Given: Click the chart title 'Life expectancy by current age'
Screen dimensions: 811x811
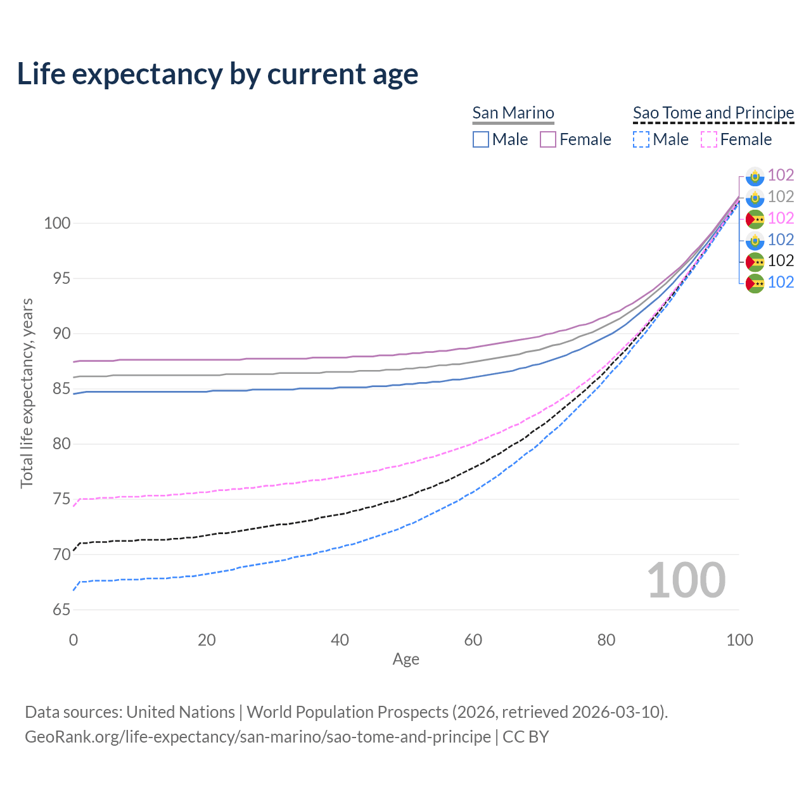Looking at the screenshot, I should tap(217, 74).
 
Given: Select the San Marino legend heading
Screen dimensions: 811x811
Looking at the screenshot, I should tap(513, 113).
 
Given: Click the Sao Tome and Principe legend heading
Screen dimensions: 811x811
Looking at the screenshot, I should tap(713, 113).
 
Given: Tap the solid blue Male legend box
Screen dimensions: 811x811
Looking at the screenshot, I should tap(481, 139).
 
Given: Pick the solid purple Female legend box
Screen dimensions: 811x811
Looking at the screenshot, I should tap(548, 139).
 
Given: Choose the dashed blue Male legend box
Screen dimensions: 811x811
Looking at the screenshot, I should tap(641, 139).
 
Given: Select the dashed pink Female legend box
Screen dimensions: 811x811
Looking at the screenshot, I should tap(709, 139).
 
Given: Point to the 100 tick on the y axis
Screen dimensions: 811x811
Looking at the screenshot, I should tap(56, 223).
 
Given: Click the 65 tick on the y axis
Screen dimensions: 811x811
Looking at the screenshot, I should tap(61, 610).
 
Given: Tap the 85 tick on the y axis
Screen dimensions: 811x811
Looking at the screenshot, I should tap(61, 388).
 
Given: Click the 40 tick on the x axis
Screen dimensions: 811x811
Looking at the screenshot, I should tap(340, 640).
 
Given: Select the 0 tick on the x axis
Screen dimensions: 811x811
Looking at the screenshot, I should tap(73, 640).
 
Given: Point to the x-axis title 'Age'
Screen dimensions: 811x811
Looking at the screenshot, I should tap(405, 659).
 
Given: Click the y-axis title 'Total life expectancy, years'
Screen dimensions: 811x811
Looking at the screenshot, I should tap(27, 393).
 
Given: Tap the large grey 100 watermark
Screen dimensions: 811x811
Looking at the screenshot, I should tap(686, 580).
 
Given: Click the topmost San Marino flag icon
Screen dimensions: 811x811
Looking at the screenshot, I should tap(755, 176).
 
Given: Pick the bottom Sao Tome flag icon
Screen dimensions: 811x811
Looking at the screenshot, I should tap(755, 283).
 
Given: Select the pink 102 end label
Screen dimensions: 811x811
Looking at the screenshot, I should tap(781, 218).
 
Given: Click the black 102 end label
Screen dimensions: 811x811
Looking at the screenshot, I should tap(781, 260).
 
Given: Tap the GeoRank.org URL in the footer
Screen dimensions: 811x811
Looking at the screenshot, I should tap(258, 737).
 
